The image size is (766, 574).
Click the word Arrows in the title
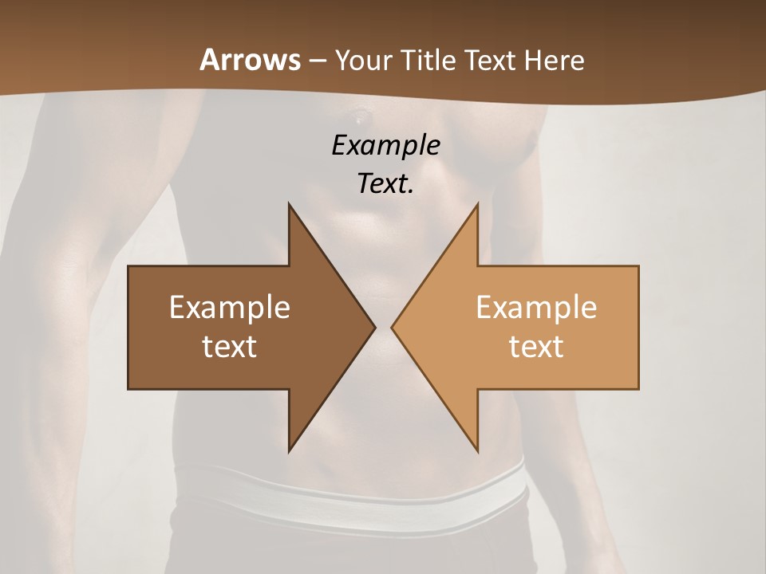pyautogui.click(x=250, y=60)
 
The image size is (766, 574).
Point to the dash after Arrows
pyautogui.click(x=317, y=61)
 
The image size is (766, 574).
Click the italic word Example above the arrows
pyautogui.click(x=385, y=145)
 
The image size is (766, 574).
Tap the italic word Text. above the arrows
pyautogui.click(x=385, y=183)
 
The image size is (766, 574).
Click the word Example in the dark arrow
pyautogui.click(x=229, y=307)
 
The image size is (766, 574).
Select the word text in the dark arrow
pyautogui.click(x=229, y=346)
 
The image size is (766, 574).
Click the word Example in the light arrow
pyautogui.click(x=536, y=307)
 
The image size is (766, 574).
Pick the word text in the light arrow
pyautogui.click(x=536, y=346)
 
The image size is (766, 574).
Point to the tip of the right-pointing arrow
pyautogui.click(x=374, y=327)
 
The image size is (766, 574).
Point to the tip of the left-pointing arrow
pyautogui.click(x=392, y=327)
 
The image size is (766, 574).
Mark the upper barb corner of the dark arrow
pyautogui.click(x=290, y=204)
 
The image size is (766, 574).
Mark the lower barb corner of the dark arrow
pyautogui.click(x=290, y=451)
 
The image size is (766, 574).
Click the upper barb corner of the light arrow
pyautogui.click(x=477, y=204)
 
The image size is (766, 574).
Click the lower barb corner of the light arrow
pyautogui.click(x=477, y=451)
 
